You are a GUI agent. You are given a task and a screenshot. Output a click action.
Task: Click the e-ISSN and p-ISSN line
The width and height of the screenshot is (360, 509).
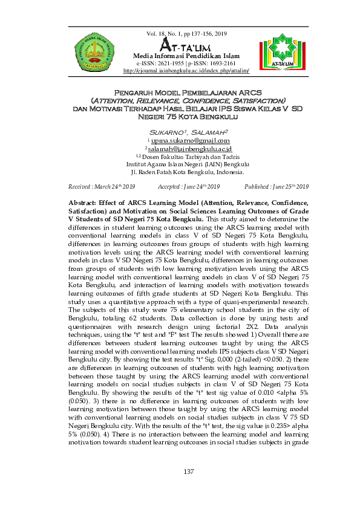pyautogui.click(x=186, y=63)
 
